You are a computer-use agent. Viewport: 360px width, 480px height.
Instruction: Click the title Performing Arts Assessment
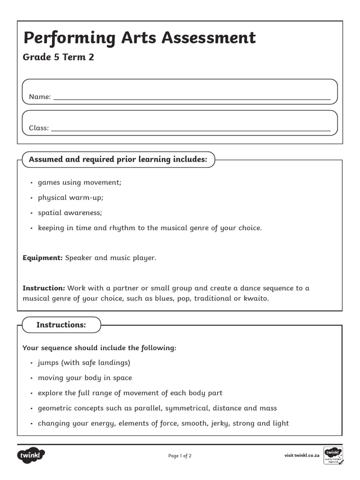click(x=140, y=38)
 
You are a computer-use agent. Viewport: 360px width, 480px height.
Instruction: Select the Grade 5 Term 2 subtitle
click(x=58, y=58)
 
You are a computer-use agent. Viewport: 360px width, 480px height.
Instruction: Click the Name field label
click(x=39, y=97)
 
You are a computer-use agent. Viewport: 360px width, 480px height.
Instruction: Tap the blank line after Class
click(x=190, y=128)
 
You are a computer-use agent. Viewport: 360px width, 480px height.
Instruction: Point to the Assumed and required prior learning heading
click(x=118, y=159)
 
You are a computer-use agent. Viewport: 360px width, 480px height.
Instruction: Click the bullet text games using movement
click(x=79, y=182)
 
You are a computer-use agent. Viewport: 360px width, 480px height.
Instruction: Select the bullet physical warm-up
click(x=70, y=197)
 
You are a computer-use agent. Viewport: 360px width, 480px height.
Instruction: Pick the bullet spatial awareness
click(x=69, y=213)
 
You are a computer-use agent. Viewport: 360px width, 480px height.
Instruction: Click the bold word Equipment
click(x=42, y=258)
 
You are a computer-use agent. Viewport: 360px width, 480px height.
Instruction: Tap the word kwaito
click(x=256, y=298)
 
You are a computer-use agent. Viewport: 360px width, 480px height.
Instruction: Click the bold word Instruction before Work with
click(x=44, y=288)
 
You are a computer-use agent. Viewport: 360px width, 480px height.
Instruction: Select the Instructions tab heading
click(x=61, y=325)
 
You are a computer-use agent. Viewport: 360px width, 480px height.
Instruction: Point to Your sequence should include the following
click(x=99, y=348)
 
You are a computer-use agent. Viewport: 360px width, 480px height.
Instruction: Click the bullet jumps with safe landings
click(x=84, y=363)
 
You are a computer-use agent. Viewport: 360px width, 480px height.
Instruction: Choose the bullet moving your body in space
click(x=85, y=378)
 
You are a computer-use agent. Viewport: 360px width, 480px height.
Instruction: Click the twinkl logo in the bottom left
click(x=31, y=455)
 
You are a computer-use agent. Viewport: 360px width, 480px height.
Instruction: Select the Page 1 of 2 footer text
click(x=180, y=456)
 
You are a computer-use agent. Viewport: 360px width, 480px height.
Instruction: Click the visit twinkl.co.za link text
click(x=302, y=456)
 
